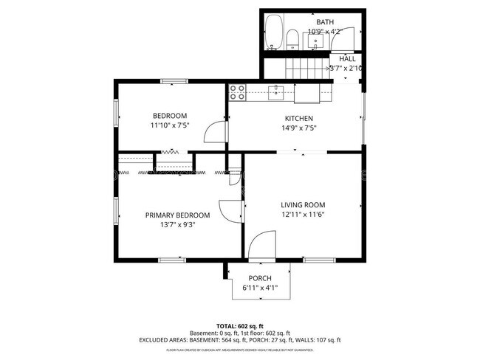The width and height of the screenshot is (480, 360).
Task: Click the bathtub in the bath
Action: pyautogui.click(x=275, y=32)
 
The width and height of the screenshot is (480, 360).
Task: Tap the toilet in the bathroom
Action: pyautogui.click(x=292, y=40)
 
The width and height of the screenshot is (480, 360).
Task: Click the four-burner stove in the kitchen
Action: pyautogui.click(x=238, y=92)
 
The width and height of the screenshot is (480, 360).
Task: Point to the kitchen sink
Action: pyautogui.click(x=277, y=91)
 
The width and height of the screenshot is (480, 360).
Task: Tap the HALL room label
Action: pyautogui.click(x=347, y=58)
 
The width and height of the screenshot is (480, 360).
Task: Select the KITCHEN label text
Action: pyautogui.click(x=299, y=118)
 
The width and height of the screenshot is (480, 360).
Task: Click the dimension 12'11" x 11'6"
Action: pyautogui.click(x=303, y=214)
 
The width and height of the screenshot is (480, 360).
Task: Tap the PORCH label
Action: pyautogui.click(x=259, y=278)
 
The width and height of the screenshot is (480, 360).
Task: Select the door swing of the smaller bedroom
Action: pyautogui.click(x=215, y=132)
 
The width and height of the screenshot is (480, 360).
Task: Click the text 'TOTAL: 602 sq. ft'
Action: pyautogui.click(x=240, y=325)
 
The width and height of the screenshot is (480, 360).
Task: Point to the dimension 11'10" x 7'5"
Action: pyautogui.click(x=170, y=125)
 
